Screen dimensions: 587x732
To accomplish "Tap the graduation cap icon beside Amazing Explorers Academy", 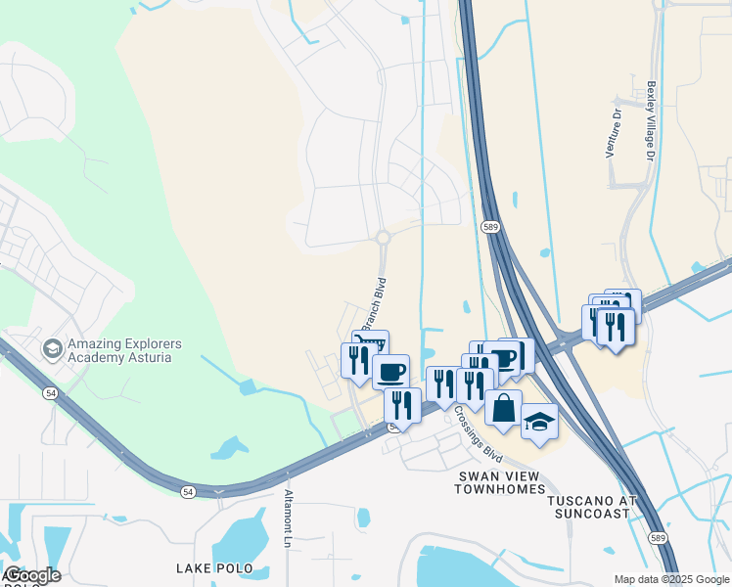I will [52, 348].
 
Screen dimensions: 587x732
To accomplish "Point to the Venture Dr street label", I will [615, 134].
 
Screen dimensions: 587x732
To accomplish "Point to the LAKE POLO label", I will [214, 568].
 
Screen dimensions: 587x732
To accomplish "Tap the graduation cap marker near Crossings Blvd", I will [538, 422].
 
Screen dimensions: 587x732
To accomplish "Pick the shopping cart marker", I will [370, 343].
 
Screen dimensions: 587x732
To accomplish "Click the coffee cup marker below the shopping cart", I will [391, 372].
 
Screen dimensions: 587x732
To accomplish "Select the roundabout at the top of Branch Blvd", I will [383, 238].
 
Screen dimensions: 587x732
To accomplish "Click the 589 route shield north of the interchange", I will [492, 226].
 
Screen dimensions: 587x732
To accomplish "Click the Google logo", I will [31, 575].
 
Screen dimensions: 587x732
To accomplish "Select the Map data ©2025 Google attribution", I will [671, 579].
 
